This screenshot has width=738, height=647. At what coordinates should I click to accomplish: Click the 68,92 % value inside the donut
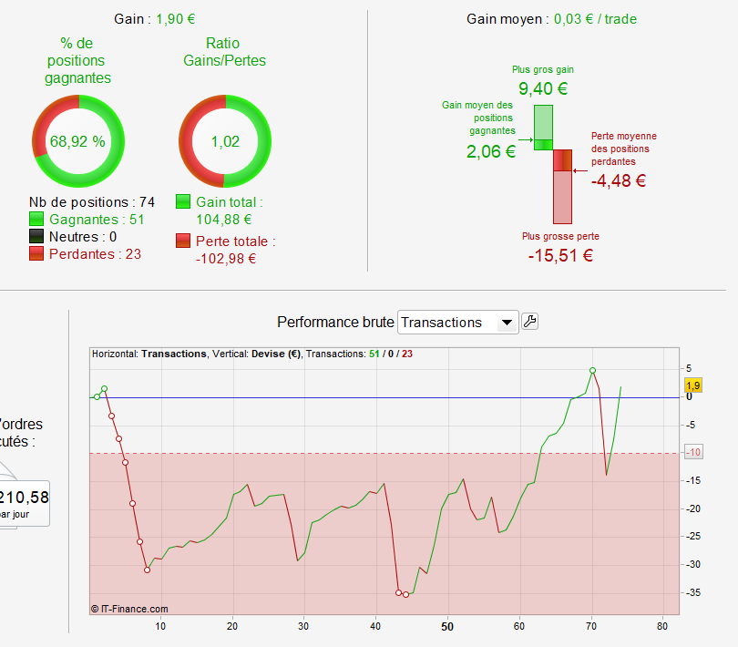click(77, 141)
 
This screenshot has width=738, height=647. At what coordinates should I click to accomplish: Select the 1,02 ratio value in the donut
click(223, 141)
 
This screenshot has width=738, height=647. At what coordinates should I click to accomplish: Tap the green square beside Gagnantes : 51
click(36, 219)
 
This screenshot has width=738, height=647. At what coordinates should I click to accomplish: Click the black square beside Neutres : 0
click(36, 236)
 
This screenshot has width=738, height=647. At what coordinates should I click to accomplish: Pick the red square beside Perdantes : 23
click(36, 253)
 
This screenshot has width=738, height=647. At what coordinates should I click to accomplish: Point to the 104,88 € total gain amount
click(223, 219)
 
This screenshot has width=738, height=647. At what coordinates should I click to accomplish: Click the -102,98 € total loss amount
click(225, 258)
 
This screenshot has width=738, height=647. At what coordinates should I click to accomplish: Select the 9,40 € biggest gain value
click(542, 89)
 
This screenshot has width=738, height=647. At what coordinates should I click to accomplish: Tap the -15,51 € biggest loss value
click(560, 255)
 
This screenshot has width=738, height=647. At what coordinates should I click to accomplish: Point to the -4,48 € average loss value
click(619, 180)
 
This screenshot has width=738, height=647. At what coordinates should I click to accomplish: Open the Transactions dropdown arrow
click(507, 323)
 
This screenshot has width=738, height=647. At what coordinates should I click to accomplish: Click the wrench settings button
click(529, 322)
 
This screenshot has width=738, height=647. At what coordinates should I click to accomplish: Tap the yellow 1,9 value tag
click(692, 385)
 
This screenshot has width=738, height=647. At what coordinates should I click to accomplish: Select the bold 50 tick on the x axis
click(447, 626)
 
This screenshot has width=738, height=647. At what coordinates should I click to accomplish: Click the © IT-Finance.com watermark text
click(130, 609)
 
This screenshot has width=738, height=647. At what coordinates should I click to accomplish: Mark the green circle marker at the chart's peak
click(592, 371)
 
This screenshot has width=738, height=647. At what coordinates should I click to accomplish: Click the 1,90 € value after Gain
click(175, 18)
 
